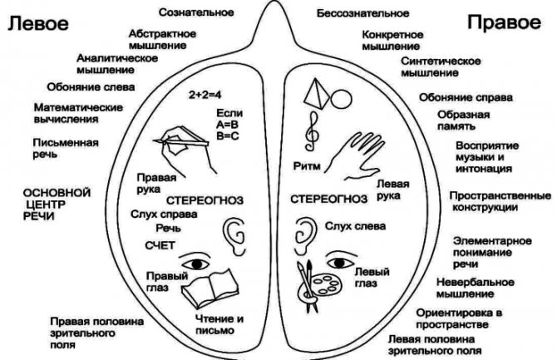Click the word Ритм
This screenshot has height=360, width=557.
307,166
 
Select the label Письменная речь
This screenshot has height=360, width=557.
59,147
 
